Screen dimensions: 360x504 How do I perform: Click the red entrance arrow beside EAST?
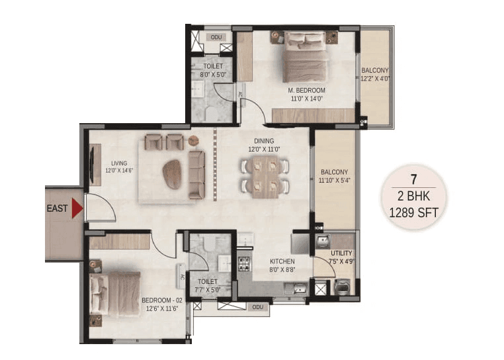[x=77, y=208]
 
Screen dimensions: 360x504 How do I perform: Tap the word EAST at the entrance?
[x=57, y=208]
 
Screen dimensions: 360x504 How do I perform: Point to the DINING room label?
[x=264, y=141]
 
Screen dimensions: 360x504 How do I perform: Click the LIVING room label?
[x=120, y=163]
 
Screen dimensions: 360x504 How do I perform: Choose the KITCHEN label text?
[x=282, y=261]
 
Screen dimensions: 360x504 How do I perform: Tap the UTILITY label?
[x=342, y=253]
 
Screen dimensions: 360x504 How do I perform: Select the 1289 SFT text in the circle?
[x=413, y=212]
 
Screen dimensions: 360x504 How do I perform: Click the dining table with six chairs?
[x=265, y=177]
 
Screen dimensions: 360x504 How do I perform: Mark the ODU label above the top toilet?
[x=216, y=37]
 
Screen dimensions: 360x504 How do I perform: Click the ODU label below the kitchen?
[x=258, y=307]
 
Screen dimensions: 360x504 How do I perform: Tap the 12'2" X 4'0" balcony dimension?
[x=375, y=78]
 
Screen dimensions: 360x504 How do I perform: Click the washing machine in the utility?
[x=343, y=287]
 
